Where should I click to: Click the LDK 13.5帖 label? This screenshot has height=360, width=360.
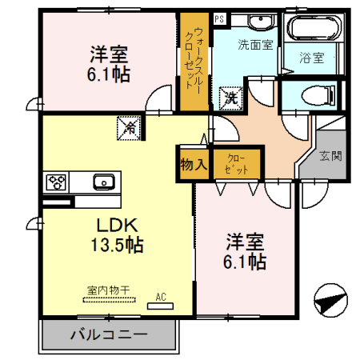[120, 234]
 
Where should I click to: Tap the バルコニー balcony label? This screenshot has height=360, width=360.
[108, 334]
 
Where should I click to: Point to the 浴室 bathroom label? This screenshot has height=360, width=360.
[311, 58]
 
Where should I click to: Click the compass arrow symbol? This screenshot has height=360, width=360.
[330, 303]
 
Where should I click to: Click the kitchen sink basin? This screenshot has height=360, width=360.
[103, 182]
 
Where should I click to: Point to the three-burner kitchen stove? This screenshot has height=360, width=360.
[57, 182]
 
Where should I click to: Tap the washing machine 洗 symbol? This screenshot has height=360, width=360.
[230, 98]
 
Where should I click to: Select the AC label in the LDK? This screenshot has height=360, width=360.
[161, 298]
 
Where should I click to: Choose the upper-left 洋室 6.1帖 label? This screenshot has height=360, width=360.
[109, 65]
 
